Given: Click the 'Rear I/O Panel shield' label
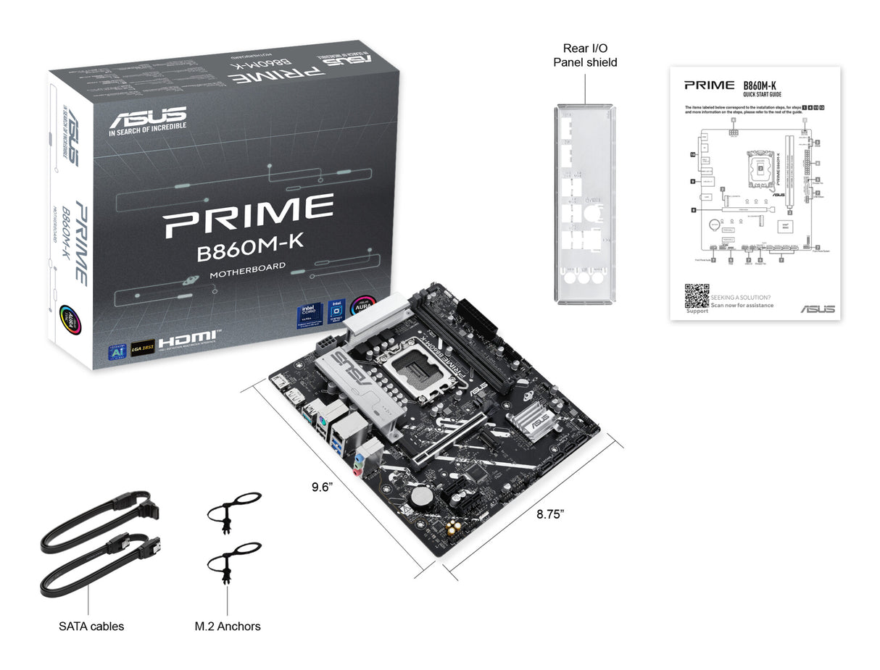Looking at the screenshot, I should [x=584, y=55].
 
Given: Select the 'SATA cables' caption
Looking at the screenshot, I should [x=91, y=626].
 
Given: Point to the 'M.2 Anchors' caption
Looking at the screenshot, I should [x=228, y=626].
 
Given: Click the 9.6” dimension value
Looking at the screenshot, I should [x=321, y=487].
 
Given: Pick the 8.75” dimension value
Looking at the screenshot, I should [x=550, y=514].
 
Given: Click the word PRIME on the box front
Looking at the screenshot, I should [x=249, y=216].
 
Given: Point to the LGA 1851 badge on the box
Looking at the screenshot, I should [x=143, y=346].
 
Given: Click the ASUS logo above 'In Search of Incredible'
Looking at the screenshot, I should [x=148, y=117].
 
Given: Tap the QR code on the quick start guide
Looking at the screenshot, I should [x=697, y=296].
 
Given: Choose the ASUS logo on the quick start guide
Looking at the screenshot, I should [x=817, y=309].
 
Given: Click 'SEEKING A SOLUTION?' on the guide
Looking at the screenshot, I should [x=740, y=297].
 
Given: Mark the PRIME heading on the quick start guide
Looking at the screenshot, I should [x=709, y=85].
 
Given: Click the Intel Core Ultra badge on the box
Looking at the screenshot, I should [x=307, y=316].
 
